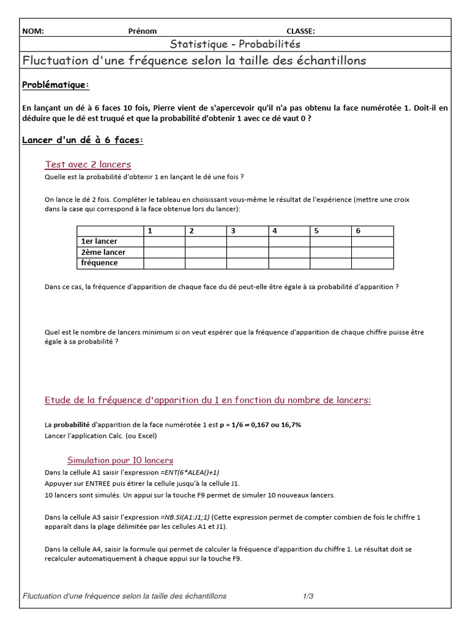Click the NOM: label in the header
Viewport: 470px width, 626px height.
point(33,31)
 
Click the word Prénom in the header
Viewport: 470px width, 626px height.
point(143,31)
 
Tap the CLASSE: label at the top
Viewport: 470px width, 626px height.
point(300,31)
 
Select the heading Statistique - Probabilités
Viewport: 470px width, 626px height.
point(235,45)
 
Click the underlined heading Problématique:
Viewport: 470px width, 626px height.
point(56,84)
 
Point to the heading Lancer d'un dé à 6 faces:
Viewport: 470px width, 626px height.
point(83,140)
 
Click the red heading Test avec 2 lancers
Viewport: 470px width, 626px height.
point(88,164)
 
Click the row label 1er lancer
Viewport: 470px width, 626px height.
point(99,241)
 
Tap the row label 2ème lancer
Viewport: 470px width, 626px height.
point(103,252)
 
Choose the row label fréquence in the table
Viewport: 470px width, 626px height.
point(99,263)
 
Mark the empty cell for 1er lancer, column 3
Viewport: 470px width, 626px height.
point(247,241)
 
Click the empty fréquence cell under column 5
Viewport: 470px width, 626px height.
point(330,263)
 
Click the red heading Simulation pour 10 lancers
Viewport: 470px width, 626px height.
point(120,460)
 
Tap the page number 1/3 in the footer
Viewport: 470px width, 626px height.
point(308,596)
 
